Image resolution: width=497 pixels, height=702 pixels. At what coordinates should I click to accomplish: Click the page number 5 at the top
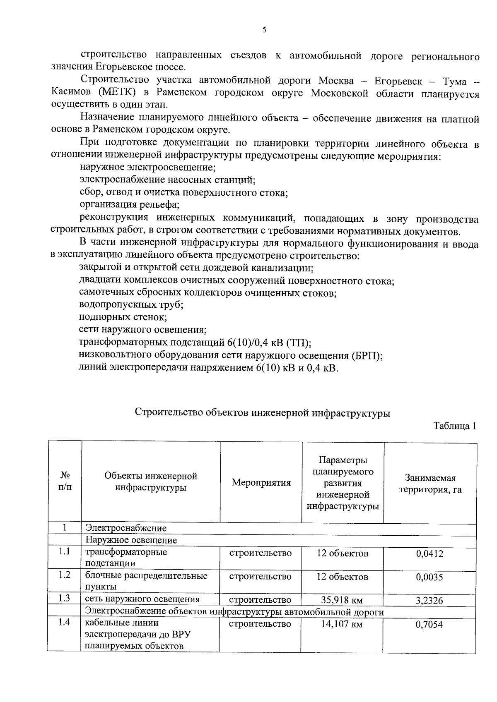264,30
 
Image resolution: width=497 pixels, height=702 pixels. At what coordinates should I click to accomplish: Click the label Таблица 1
454,426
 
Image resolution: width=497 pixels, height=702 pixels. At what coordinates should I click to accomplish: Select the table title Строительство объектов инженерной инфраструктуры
263,412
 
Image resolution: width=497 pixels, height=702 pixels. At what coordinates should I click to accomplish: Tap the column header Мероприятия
261,482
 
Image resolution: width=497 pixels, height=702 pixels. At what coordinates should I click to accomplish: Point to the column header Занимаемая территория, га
430,484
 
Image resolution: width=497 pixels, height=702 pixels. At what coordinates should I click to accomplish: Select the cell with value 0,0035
429,577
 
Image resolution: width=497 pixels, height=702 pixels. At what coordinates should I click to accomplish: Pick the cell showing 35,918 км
342,600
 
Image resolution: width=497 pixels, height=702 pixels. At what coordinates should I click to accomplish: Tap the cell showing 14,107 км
342,624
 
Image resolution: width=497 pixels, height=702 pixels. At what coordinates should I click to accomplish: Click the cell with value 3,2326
429,600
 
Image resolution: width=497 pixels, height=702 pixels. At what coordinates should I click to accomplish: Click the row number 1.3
64,598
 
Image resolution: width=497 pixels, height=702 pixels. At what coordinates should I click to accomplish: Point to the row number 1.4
64,622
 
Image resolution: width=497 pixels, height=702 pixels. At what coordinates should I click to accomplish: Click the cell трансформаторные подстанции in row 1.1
126,557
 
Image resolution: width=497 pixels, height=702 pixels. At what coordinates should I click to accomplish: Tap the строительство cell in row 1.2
260,577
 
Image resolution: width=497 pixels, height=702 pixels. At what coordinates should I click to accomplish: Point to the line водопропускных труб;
131,305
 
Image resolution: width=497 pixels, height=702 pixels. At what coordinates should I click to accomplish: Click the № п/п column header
65,481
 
